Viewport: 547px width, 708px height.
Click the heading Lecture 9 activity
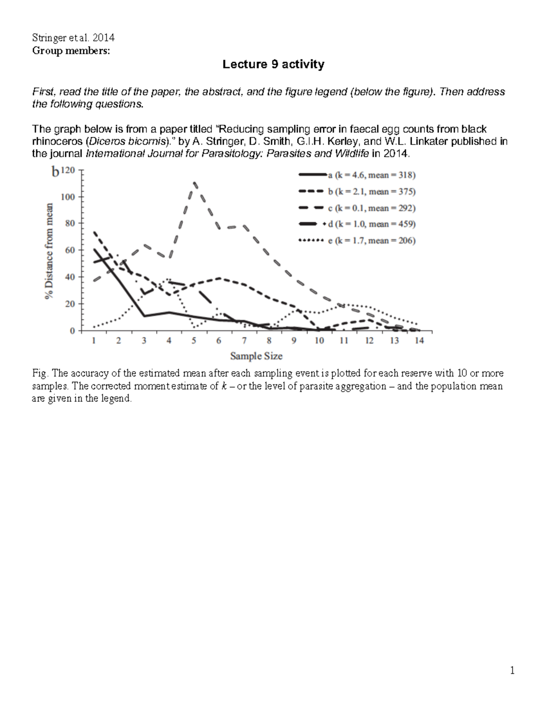coord(273,65)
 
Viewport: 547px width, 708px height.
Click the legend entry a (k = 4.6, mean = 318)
coord(372,175)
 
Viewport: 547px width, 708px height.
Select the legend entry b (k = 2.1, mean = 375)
coord(372,191)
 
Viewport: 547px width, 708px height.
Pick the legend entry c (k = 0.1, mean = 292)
coord(372,208)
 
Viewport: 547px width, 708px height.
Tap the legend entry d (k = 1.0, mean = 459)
coord(372,224)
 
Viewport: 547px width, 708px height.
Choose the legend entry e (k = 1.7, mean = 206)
coord(372,241)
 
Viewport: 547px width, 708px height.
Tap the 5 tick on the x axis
coord(194,341)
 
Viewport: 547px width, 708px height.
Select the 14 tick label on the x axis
coord(419,341)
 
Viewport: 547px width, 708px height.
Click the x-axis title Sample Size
coord(256,356)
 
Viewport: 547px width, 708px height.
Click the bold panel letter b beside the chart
coord(55,171)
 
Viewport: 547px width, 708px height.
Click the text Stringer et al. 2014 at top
coord(73,38)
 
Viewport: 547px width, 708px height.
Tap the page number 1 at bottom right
coord(512,670)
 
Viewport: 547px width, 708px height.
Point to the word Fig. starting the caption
coord(40,373)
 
